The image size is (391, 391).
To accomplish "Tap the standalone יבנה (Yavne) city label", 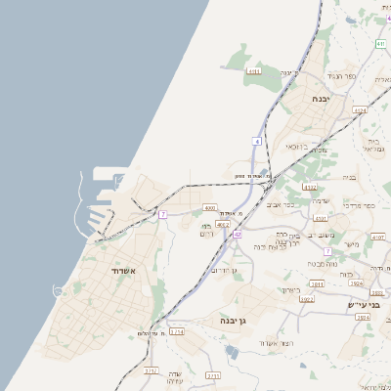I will coord(322,99).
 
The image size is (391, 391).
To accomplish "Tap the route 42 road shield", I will coord(238,235).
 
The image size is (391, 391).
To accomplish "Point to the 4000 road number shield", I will coord(209,207).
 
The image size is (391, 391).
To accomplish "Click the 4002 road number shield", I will coord(222,225).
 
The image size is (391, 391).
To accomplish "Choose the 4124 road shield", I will coord(360,110).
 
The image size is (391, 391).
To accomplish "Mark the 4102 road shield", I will coord(310,187).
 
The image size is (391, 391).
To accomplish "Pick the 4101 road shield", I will coord(378,237).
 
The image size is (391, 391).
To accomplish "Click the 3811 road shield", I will coord(317,283).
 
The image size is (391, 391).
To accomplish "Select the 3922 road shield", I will coord(306,299).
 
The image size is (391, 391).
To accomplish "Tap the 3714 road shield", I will coord(177,331).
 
